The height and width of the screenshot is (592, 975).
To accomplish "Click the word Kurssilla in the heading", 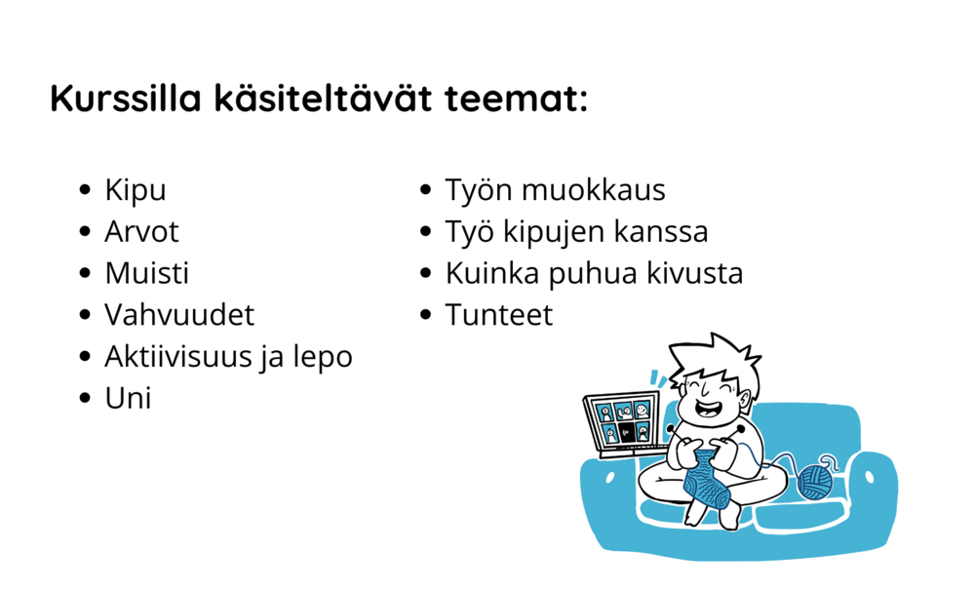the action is (126, 98).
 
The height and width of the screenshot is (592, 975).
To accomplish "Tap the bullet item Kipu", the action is (136, 190).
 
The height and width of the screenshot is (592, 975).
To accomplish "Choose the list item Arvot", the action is (141, 231).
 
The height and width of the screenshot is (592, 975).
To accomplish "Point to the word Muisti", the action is (147, 273).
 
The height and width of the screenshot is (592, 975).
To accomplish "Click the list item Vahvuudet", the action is (179, 315).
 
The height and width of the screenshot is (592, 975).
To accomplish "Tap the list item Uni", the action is (128, 398).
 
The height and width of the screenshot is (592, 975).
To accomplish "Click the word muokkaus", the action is (593, 189).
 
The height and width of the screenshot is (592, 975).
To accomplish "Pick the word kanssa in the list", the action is (661, 232).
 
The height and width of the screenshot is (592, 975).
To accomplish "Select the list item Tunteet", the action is (498, 315).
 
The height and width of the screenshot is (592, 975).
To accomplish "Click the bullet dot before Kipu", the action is (85, 189).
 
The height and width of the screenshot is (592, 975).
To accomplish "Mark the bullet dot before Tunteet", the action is (425, 315).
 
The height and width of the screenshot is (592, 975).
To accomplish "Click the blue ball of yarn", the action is (815, 483).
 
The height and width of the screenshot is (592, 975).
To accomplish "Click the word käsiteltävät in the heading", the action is (323, 98).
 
